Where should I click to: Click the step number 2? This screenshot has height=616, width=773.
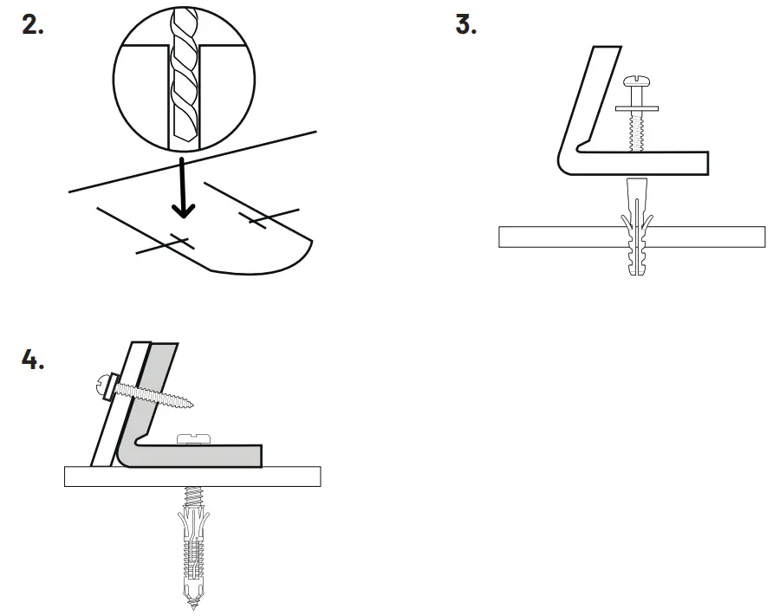[x=32, y=25]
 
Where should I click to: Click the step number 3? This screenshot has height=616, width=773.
[x=466, y=25]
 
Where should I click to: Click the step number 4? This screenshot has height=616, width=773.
[x=33, y=360]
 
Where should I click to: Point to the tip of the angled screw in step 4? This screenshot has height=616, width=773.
[x=192, y=404]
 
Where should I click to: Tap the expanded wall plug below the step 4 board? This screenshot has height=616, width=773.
[x=192, y=546]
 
